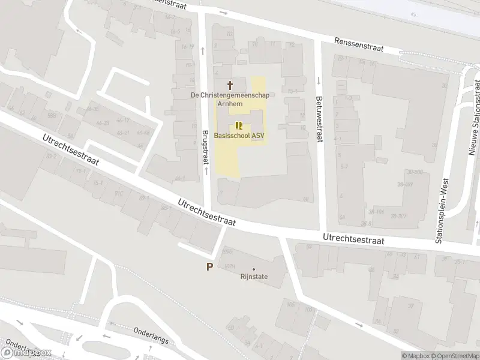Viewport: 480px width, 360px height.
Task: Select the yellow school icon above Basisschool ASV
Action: pos(239,125)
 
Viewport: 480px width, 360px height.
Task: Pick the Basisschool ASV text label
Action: pos(239,135)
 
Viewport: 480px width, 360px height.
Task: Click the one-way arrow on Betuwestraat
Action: pos(318,80)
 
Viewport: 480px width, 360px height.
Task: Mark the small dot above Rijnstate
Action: pos(253,269)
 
